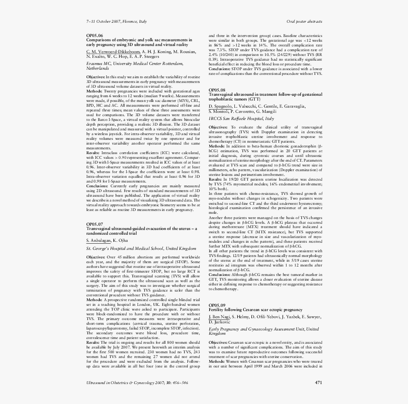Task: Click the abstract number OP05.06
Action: point(94,36)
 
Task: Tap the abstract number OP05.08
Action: point(217,90)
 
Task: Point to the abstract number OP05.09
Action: point(217,305)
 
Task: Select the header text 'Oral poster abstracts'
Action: point(305,22)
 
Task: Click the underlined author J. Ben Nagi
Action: point(219,316)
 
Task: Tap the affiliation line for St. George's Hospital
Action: point(141,248)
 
